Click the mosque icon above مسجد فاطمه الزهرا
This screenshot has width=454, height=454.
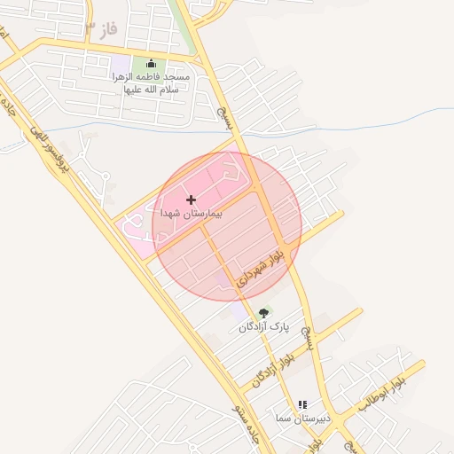[x=150, y=63]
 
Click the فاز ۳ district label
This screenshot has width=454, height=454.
[x=100, y=29]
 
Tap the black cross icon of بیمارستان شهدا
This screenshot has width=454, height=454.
[x=191, y=200]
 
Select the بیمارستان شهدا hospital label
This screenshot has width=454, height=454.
[x=192, y=214]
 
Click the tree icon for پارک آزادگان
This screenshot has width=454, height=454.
[x=262, y=313]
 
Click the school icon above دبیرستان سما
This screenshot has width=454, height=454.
[x=301, y=403]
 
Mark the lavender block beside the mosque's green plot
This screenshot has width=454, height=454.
[x=121, y=66]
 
